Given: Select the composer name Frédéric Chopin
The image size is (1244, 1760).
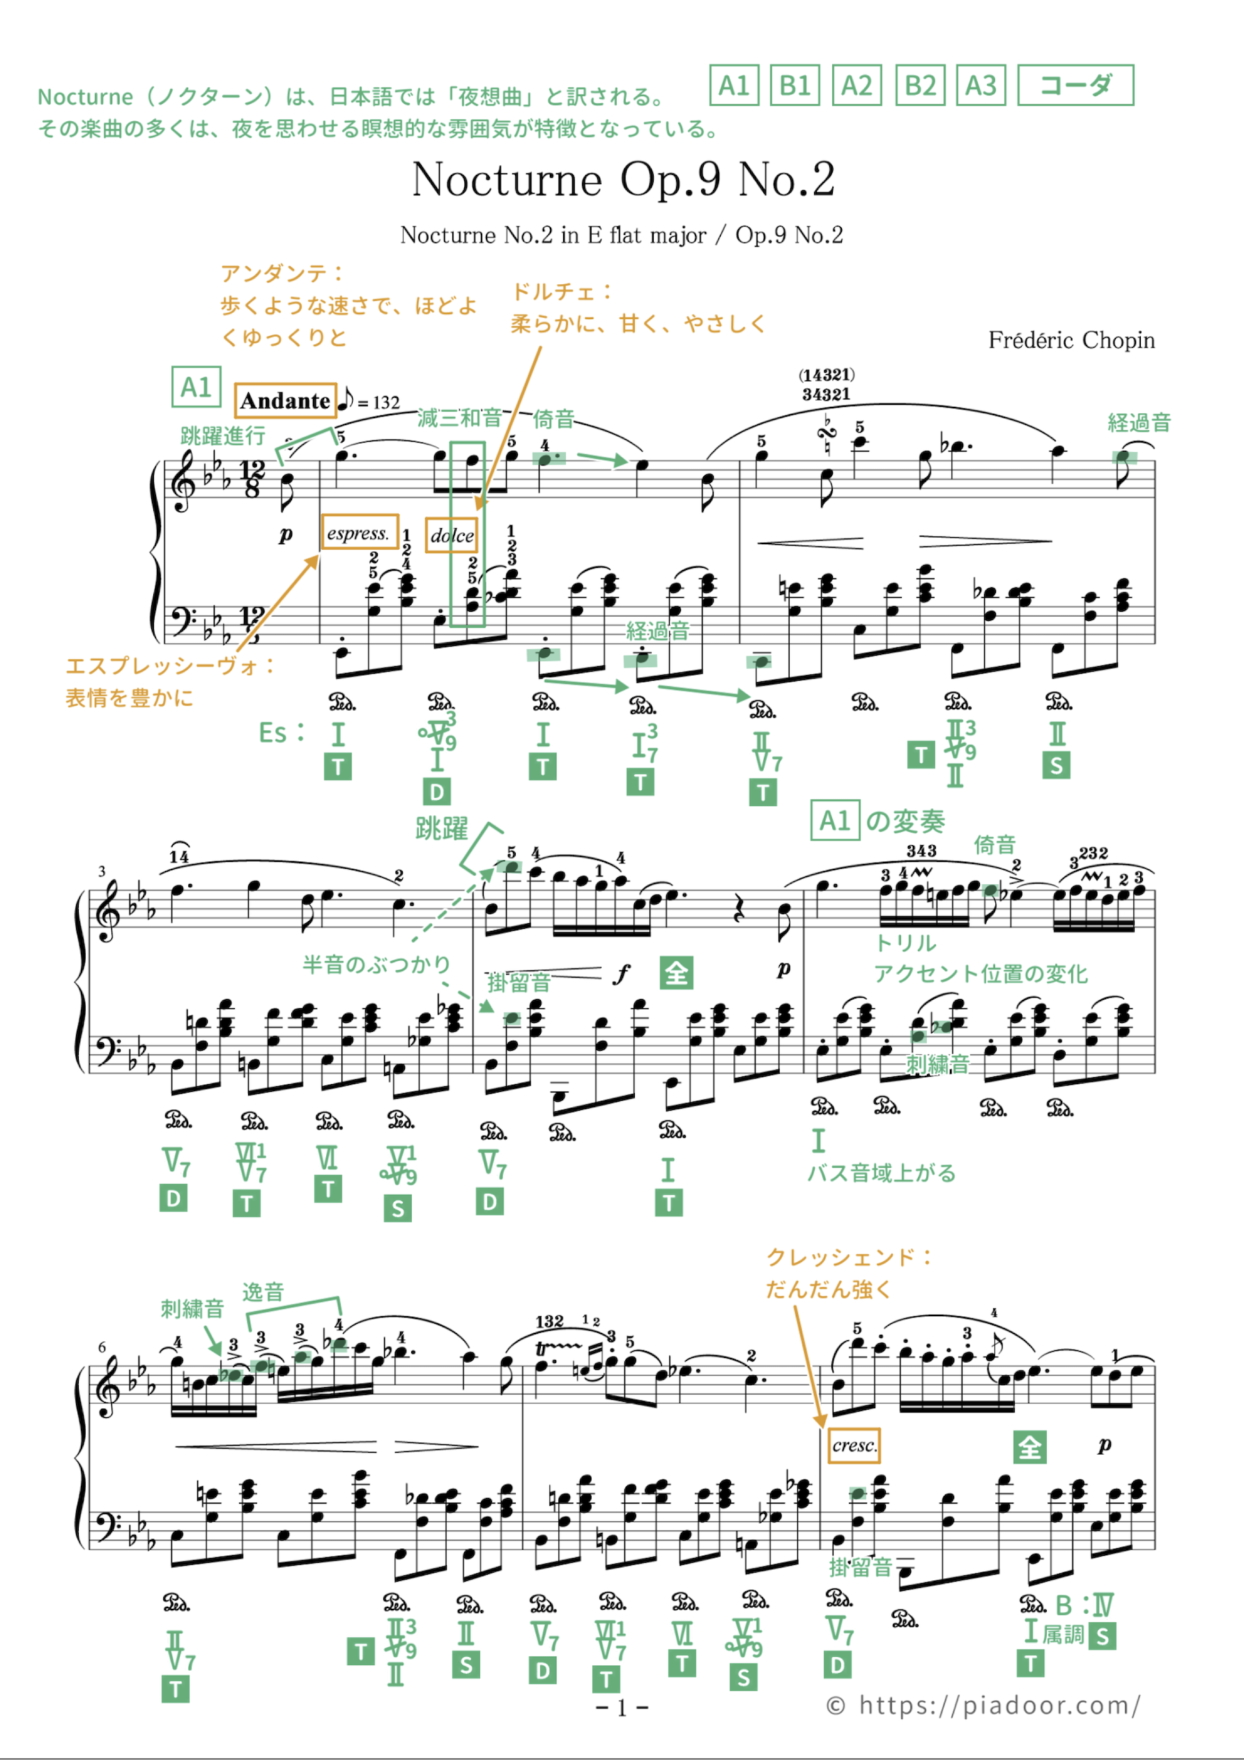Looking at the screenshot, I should [1070, 340].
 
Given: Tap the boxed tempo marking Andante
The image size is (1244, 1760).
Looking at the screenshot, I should [285, 400].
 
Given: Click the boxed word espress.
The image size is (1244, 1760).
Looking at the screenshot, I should [359, 533].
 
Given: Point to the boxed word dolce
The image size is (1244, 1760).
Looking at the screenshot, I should [451, 535].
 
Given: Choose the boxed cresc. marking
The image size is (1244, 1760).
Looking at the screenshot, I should [853, 1445].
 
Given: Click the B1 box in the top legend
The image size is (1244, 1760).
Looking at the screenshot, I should [794, 85].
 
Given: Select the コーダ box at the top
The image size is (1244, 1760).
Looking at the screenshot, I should [1075, 85].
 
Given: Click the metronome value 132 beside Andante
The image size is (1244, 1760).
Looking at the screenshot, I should [386, 403].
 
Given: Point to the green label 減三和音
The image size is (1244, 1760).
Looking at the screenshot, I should [459, 418].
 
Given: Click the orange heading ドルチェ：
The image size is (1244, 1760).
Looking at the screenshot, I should [562, 292].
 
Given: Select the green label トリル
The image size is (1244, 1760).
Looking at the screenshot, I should [905, 943].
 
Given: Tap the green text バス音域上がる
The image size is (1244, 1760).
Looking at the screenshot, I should [881, 1173].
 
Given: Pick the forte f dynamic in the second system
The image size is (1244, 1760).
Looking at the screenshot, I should [621, 973].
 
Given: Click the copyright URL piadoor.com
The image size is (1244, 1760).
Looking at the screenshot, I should [998, 1705].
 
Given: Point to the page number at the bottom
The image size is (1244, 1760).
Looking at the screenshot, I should [622, 1707].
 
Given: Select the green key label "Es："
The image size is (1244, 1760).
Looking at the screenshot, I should [282, 733].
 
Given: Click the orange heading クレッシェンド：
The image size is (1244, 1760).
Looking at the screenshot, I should [849, 1257].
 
